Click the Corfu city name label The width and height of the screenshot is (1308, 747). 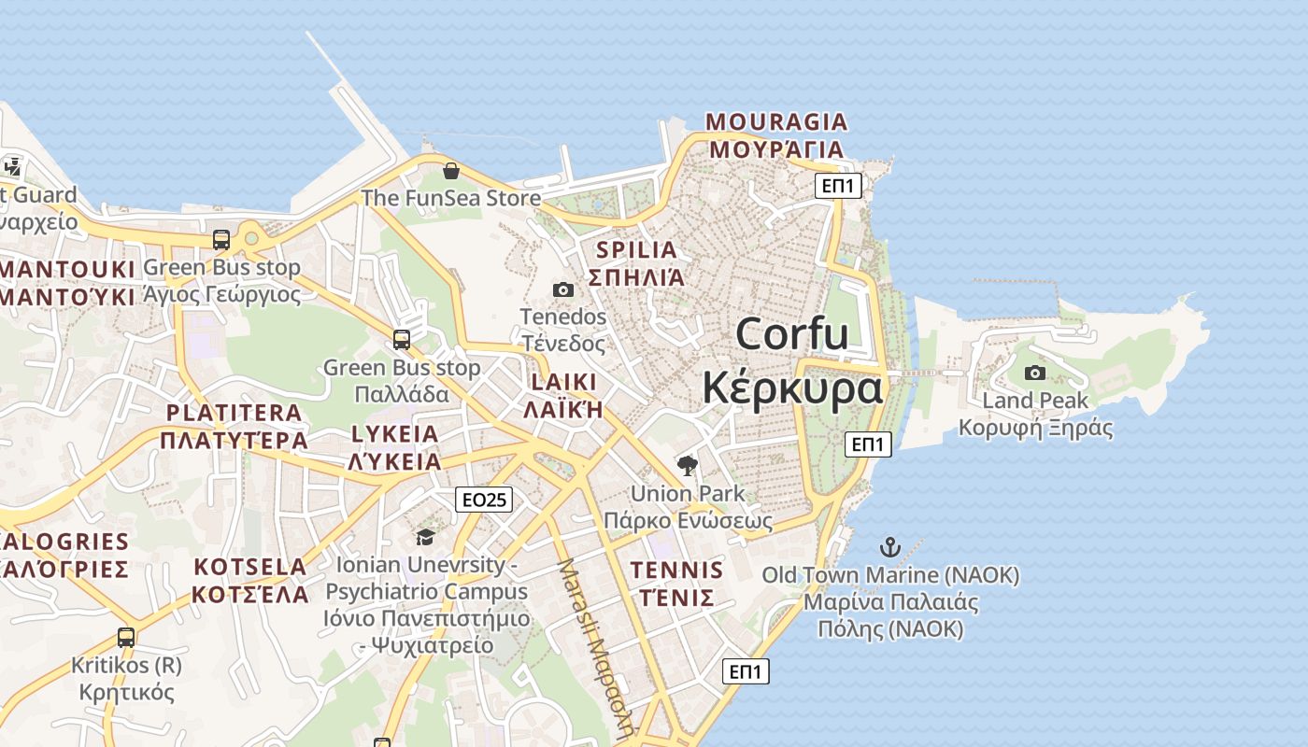(x=792, y=360)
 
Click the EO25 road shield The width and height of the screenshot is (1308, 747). (x=484, y=500)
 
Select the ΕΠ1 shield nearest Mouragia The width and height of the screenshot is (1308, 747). (x=837, y=186)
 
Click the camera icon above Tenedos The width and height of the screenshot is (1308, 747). (x=563, y=290)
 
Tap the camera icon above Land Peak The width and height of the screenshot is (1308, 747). (x=1035, y=373)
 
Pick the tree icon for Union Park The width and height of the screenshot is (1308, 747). (x=688, y=465)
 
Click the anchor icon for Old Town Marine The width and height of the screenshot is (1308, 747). (x=890, y=547)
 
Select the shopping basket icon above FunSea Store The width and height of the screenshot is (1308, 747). (x=451, y=171)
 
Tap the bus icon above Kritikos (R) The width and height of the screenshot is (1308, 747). (x=126, y=638)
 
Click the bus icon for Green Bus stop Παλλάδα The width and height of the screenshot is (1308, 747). (x=402, y=340)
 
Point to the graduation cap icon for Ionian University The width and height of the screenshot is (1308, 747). (x=426, y=537)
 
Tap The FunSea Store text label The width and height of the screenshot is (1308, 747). (x=450, y=198)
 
